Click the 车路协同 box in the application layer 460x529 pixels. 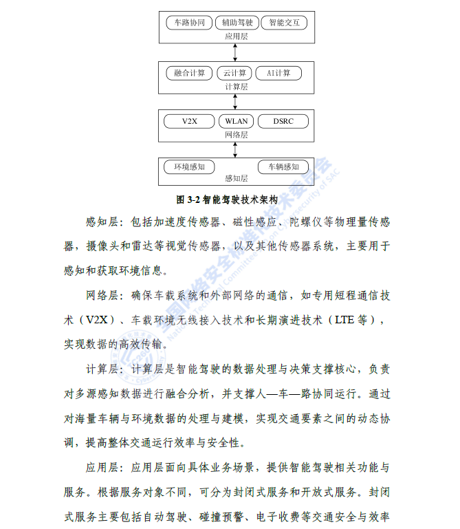[189, 23]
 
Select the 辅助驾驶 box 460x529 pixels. [237, 23]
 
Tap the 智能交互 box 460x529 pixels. [284, 23]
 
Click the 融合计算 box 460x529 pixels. [189, 73]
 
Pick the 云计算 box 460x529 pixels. [234, 73]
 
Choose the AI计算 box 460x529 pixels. [278, 73]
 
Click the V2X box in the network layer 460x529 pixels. [189, 122]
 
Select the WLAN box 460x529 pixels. [236, 122]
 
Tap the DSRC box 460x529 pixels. [283, 122]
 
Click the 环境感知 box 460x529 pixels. [189, 167]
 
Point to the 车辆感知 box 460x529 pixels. [283, 167]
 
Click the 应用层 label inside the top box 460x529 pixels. [237, 36]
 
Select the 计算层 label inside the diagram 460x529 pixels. [237, 87]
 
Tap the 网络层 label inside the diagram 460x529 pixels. [237, 135]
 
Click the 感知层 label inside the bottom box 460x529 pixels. [237, 178]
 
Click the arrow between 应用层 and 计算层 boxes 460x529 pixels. [235, 52]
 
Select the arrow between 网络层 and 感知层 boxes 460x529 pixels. [235, 150]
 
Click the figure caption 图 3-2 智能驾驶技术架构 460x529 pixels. [227, 199]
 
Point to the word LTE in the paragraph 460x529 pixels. [344, 319]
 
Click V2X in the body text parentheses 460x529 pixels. [97, 319]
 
